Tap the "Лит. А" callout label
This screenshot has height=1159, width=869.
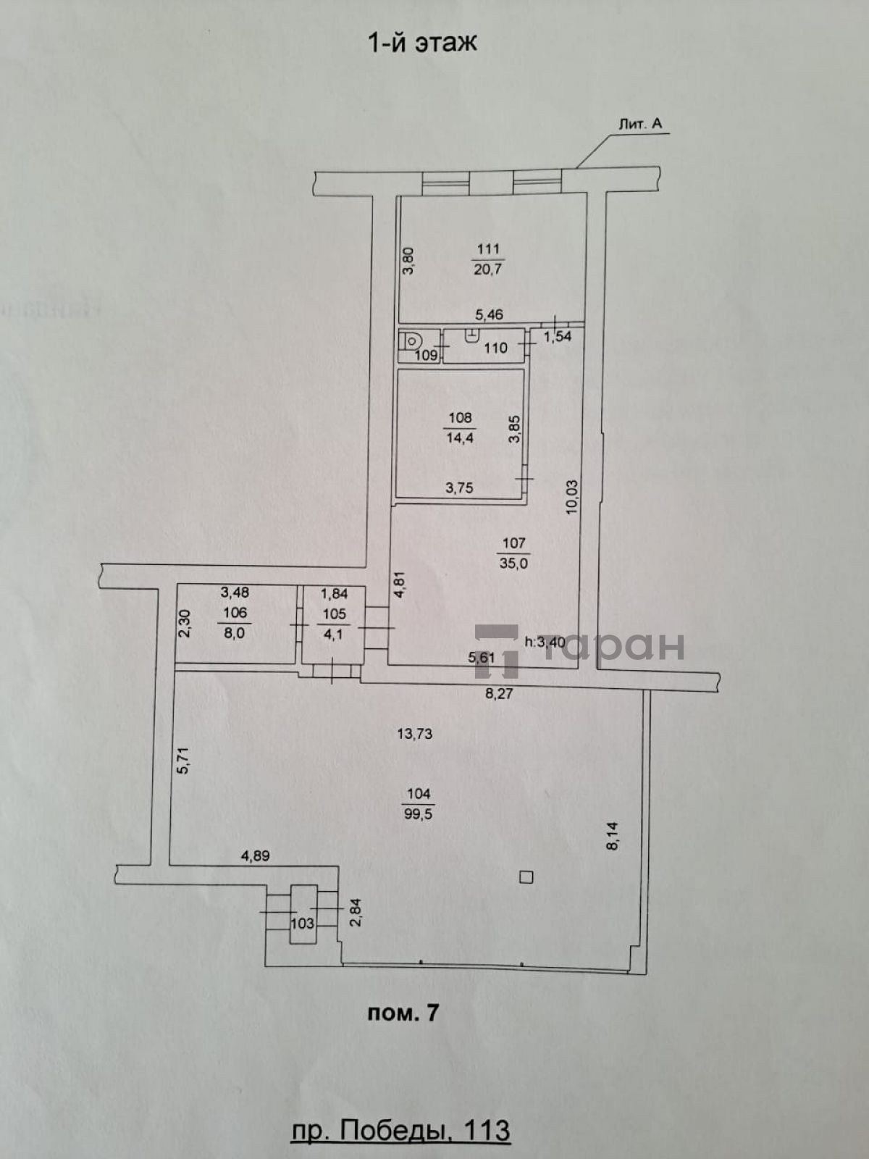pos(641,124)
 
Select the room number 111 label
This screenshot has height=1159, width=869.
pos(488,248)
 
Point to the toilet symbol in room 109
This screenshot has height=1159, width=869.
pos(408,341)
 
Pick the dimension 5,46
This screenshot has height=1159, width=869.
pos(489,314)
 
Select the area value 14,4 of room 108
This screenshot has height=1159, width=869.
pos(460,438)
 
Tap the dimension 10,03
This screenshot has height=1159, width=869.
pos(571,496)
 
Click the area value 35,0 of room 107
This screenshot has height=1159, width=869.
pos(513,563)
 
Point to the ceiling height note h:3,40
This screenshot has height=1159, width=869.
pos(545,642)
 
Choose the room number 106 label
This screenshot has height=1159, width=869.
pos(235,613)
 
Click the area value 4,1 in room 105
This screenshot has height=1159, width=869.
pos(333,633)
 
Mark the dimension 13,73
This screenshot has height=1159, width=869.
pos(415,733)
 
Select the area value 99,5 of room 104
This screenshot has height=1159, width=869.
pos(419,813)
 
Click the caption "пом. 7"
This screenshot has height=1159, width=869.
pos(403,1013)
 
